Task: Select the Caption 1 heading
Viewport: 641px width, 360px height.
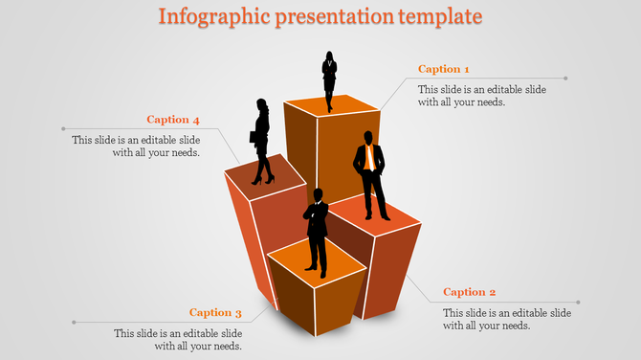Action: [x=444, y=69]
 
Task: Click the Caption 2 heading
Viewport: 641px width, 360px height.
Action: [x=470, y=292]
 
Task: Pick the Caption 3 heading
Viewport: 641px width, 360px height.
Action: [x=215, y=312]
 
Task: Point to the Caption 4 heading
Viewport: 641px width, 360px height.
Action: [x=173, y=120]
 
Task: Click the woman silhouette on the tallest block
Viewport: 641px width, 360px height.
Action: [x=329, y=80]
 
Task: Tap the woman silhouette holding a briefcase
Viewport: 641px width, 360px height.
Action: [x=262, y=141]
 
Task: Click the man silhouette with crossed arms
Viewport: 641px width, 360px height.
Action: [x=317, y=230]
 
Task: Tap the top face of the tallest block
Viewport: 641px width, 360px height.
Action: [x=332, y=104]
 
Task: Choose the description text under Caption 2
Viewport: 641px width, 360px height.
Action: [x=507, y=320]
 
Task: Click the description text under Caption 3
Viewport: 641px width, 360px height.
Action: [x=178, y=340]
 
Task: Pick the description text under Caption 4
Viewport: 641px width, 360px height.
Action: [x=136, y=146]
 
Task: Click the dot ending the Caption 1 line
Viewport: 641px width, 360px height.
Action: [x=566, y=79]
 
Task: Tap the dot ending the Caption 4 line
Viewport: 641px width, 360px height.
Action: [x=63, y=128]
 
